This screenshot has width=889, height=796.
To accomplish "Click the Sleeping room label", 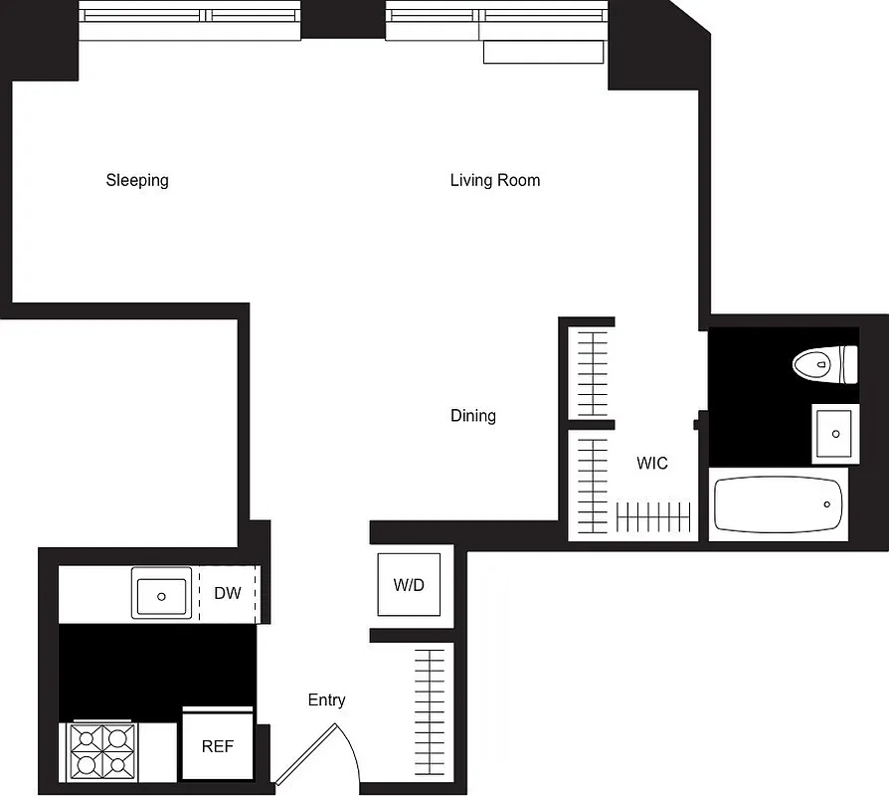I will click(137, 180).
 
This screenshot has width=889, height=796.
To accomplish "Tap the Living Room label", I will click(494, 180).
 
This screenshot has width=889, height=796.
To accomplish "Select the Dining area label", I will click(472, 415).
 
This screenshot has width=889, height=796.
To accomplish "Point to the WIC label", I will click(652, 463).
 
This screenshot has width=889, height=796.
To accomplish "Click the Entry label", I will click(326, 700).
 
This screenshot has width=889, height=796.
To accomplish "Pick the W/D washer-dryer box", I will click(409, 585).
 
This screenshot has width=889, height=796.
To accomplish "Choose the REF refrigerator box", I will click(218, 745).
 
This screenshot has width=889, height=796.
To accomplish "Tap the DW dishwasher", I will click(228, 594).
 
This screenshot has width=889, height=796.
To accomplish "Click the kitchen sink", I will click(161, 595).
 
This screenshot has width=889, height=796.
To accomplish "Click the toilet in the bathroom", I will click(824, 364).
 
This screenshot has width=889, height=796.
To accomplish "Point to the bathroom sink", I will click(835, 434).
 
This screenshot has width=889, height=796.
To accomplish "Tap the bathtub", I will click(779, 504).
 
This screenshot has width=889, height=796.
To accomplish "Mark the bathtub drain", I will click(826, 504).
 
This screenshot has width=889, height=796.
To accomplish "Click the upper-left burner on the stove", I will click(85, 737).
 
